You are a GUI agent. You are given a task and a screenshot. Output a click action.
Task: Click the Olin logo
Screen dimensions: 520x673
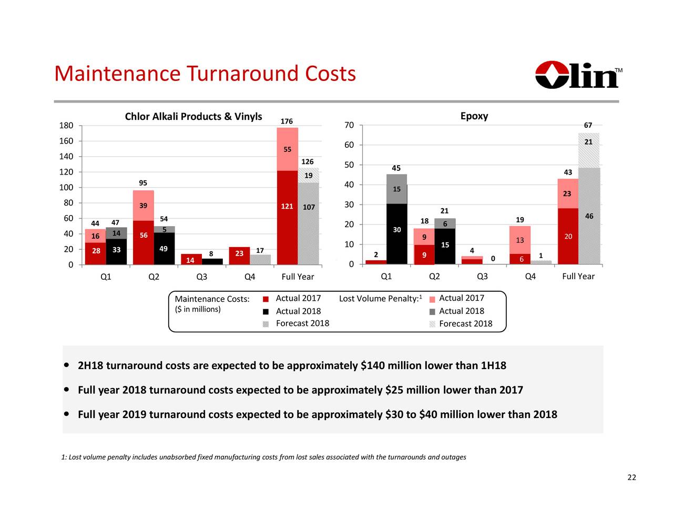[x=578, y=75]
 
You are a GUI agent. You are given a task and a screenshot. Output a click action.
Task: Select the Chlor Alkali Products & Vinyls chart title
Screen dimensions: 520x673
[x=193, y=116]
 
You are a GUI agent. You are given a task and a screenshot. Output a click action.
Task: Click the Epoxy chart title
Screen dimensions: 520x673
[x=474, y=116]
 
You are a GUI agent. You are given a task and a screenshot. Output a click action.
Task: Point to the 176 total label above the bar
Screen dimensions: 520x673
[x=287, y=121]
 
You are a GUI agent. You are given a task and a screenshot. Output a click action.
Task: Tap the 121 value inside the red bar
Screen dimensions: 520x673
[x=287, y=206]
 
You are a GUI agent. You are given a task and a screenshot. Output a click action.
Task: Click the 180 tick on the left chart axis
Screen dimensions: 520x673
[x=66, y=126]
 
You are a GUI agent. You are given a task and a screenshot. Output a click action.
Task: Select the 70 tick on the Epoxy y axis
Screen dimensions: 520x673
[x=349, y=126]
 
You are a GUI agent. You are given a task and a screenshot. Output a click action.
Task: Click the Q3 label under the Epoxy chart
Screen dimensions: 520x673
[x=482, y=277]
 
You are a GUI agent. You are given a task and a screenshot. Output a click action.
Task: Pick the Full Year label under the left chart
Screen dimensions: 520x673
[x=298, y=277]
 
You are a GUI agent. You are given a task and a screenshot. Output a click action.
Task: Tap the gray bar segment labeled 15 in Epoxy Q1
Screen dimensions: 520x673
[x=396, y=189]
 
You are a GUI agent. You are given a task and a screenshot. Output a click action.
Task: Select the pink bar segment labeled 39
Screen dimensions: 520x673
[x=143, y=206]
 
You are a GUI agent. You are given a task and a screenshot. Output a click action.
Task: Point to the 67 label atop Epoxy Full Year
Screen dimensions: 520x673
[x=588, y=125]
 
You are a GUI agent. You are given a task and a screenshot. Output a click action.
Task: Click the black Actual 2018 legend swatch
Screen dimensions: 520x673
[x=266, y=311]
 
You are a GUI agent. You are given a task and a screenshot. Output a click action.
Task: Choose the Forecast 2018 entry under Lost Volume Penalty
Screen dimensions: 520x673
[x=465, y=324]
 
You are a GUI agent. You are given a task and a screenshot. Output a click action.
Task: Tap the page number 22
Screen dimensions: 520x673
[x=631, y=477]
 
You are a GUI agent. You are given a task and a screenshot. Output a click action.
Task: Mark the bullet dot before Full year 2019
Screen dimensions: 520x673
[x=67, y=414]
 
